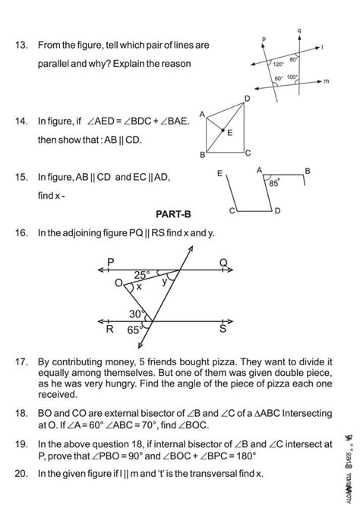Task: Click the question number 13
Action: coord(21,46)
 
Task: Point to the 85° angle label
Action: coord(272,182)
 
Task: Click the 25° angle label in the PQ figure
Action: coord(143,274)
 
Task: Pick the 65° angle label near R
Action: coord(134,330)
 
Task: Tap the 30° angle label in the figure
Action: coord(136,313)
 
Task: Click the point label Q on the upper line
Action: coord(223,263)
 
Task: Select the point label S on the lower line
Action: coord(223,329)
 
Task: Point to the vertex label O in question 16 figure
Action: coord(118,282)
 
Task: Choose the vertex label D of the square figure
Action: coord(247,99)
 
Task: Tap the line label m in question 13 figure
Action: coord(326,81)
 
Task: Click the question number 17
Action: coord(21,363)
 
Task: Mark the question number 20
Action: coord(21,473)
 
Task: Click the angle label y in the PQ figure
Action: coord(166,281)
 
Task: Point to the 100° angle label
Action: coord(293,77)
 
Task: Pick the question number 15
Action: coord(21,177)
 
